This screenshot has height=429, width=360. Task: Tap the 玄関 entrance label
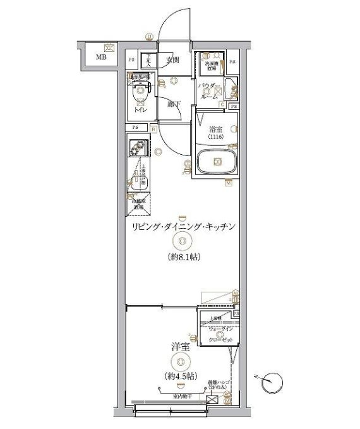[x=173, y=61]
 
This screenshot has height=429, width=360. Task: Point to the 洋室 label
[x=181, y=347]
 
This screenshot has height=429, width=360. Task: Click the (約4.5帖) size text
[x=182, y=376]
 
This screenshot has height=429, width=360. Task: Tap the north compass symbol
[x=273, y=382]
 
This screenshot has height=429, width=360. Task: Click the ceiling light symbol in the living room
[x=183, y=240]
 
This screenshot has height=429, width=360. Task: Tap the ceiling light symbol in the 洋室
[x=182, y=362]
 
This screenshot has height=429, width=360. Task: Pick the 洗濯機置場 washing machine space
[x=210, y=63]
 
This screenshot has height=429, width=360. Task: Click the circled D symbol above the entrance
[x=149, y=36]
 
